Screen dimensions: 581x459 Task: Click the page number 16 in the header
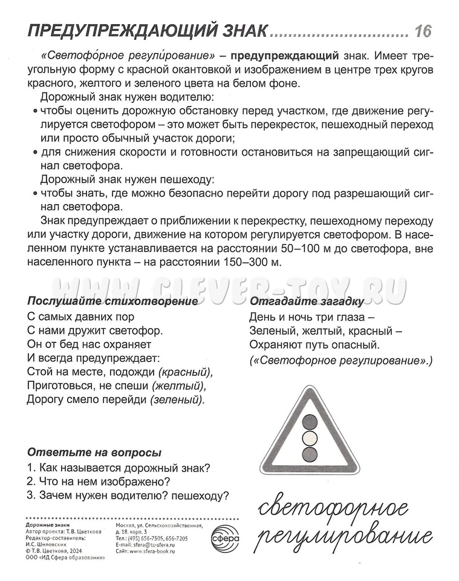point(422,31)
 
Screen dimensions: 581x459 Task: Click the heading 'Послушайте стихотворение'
point(113,301)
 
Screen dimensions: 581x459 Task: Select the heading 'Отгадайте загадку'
point(307,301)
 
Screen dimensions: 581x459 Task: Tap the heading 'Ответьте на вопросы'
point(94,453)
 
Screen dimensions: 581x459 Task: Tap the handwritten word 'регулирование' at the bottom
point(345,536)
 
